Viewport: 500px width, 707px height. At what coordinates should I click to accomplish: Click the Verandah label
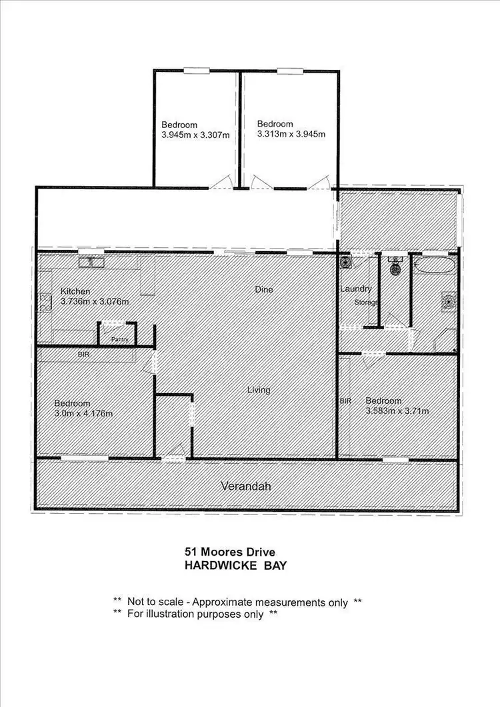[245, 486]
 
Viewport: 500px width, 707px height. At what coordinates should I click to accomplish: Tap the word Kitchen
[75, 291]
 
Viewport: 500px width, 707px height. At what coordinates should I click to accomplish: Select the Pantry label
[119, 339]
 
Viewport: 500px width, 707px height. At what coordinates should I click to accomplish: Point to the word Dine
[264, 290]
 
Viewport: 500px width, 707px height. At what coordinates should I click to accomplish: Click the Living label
[259, 390]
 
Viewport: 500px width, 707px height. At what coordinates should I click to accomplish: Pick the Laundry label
[355, 289]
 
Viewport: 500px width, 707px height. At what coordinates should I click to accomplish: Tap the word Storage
[367, 303]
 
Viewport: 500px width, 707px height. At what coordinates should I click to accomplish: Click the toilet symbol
[395, 267]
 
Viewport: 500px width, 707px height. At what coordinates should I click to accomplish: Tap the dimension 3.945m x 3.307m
[195, 135]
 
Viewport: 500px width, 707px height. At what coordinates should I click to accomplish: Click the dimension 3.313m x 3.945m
[291, 135]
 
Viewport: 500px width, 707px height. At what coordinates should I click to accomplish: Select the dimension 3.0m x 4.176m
[83, 414]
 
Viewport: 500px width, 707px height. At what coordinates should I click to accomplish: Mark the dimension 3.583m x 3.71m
[397, 411]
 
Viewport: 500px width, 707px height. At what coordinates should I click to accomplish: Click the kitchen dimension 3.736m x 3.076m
[95, 302]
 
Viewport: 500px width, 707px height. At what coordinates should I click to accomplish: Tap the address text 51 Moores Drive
[229, 552]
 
